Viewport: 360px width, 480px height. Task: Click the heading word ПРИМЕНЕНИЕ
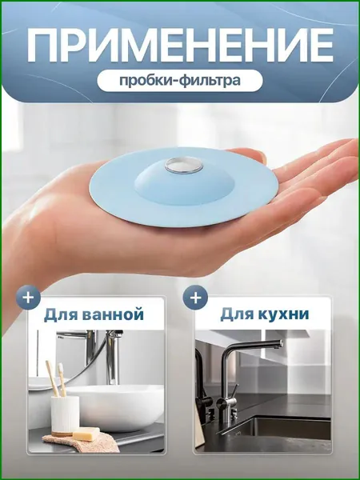pyautogui.click(x=180, y=46)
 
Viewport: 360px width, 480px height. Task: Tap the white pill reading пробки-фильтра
pyautogui.click(x=180, y=81)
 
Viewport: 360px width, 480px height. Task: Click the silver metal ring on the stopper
pyautogui.click(x=184, y=166)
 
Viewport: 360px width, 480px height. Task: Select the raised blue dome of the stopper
pyautogui.click(x=184, y=183)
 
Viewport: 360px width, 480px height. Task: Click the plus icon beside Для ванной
pyautogui.click(x=28, y=298)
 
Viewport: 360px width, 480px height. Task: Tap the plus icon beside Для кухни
pyautogui.click(x=195, y=298)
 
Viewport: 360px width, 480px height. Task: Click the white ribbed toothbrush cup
pyautogui.click(x=65, y=414)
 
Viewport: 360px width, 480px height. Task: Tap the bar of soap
pyautogui.click(x=86, y=434)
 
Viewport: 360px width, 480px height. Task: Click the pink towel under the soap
pyautogui.click(x=81, y=442)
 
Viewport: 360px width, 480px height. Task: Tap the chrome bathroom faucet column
pyautogui.click(x=113, y=358)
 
